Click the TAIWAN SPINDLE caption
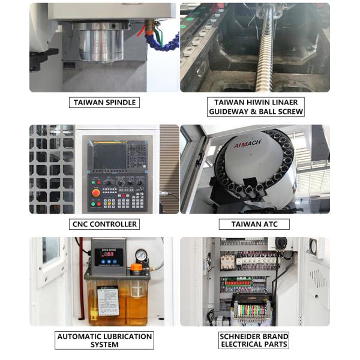(x=104, y=103)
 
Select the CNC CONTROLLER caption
(x=104, y=224)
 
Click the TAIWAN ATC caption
(x=254, y=224)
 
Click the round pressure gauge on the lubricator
(x=141, y=254)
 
